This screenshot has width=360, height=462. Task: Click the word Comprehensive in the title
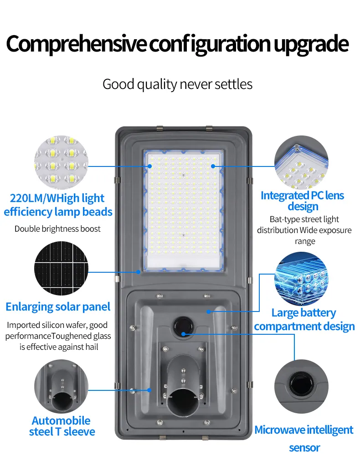point(76,44)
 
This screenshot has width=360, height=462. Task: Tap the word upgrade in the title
point(311,45)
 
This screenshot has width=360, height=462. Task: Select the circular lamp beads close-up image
point(61,162)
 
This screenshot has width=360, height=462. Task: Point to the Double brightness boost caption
point(58,228)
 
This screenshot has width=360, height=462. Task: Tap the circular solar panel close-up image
point(61,268)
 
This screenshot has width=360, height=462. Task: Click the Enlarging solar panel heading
point(58,307)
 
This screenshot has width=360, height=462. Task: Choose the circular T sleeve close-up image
point(61,386)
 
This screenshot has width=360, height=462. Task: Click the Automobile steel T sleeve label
point(62,426)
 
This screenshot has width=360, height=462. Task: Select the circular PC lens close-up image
point(301,162)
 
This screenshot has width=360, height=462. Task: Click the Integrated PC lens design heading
point(303,201)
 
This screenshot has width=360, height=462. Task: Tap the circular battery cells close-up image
point(301,279)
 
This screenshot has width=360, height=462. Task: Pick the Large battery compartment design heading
point(304,320)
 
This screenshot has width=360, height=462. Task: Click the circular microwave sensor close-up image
point(301,386)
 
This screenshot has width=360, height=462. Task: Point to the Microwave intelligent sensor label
point(304,439)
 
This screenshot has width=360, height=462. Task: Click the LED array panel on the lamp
point(183,210)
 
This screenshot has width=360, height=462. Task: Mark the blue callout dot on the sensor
point(183,334)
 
